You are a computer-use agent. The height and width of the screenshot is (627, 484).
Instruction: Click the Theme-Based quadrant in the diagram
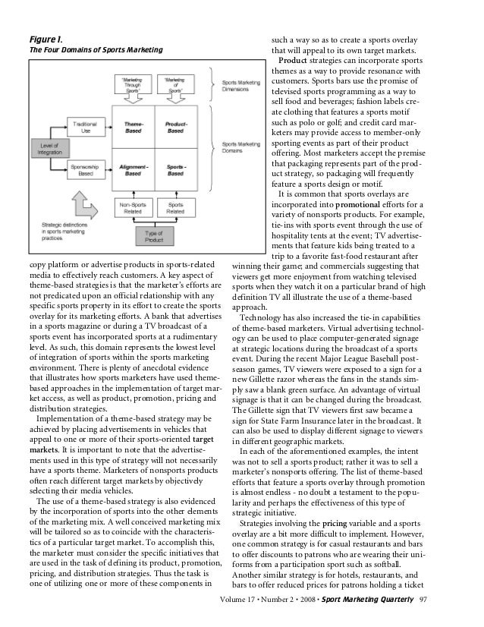[x=133, y=127]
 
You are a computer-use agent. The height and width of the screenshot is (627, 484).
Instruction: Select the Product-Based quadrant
[x=175, y=127]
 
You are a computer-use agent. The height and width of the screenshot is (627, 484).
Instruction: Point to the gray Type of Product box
[x=154, y=236]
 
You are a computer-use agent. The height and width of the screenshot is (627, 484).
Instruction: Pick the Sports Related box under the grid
[x=175, y=207]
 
